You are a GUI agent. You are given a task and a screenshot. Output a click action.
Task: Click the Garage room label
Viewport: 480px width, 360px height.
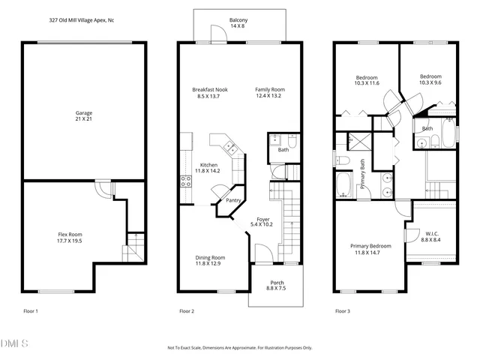coord(84,116)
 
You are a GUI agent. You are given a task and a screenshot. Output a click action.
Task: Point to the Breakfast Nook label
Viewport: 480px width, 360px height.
coord(210,93)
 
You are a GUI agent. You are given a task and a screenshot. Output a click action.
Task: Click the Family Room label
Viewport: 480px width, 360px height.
coord(269,93)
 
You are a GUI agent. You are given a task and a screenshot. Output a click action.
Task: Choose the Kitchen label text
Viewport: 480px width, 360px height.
coord(208,168)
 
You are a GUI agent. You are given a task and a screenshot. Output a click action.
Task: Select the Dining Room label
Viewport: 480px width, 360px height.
coord(210,260)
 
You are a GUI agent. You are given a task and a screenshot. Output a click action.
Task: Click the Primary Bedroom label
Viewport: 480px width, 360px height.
coord(370,249)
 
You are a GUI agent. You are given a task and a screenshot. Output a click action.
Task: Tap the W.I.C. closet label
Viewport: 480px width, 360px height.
coord(431,236)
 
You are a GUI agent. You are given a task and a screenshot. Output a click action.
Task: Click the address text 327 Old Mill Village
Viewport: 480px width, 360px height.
coord(53,21)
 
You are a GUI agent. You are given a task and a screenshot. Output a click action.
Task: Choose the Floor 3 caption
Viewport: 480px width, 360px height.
coord(343,310)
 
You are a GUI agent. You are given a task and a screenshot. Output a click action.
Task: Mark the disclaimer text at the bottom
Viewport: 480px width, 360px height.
coord(240,348)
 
